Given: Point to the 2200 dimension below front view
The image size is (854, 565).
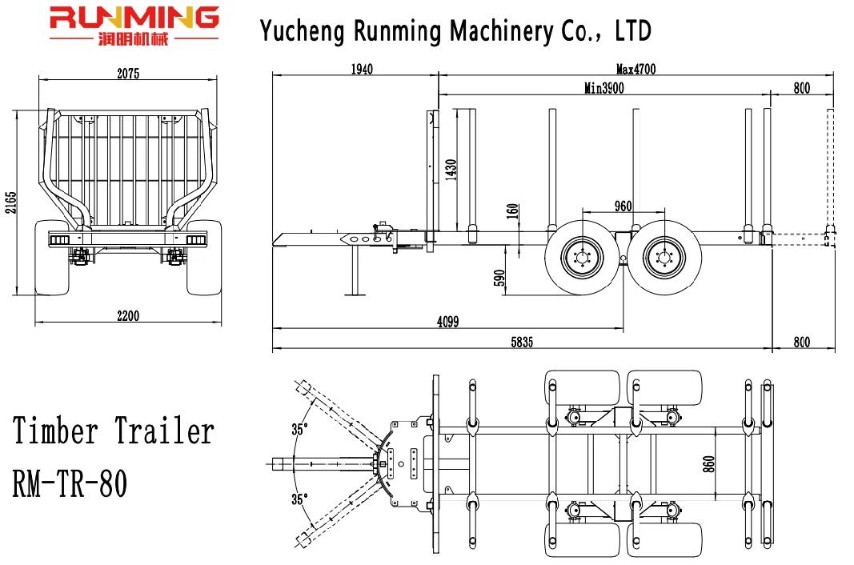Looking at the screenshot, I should (x=127, y=316).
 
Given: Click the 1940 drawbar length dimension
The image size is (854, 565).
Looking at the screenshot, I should (x=361, y=69).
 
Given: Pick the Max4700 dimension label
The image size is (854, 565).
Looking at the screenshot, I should (x=635, y=69).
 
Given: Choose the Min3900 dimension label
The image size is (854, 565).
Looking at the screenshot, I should (x=604, y=89).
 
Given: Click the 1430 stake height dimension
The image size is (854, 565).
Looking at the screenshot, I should (x=451, y=170).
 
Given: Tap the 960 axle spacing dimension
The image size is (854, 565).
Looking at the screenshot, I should (x=623, y=206).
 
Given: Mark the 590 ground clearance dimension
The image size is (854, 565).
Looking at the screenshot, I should (x=499, y=278).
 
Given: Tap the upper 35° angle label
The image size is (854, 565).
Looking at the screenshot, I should (x=299, y=429).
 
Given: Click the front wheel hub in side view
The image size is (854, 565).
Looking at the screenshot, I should (x=578, y=257).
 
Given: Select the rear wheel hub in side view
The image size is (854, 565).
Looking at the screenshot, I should (x=664, y=257).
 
